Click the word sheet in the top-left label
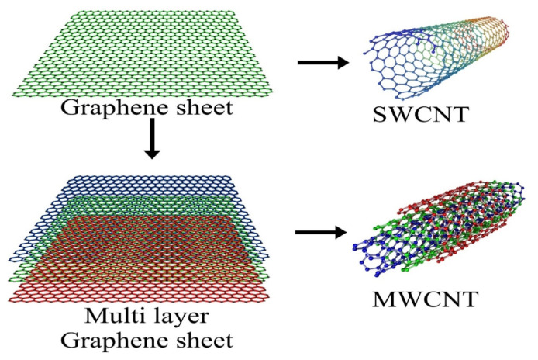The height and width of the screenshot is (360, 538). click(202, 108)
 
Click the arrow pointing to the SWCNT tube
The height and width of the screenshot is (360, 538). click(322, 62)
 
